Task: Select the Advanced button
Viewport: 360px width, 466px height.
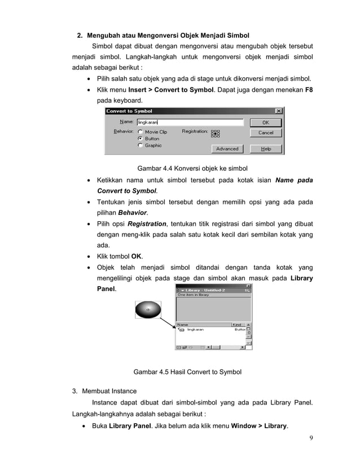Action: click(x=227, y=149)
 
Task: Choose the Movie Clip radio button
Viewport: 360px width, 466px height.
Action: click(x=140, y=132)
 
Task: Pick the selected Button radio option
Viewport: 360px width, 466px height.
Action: click(x=140, y=139)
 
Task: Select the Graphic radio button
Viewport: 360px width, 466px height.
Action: click(x=140, y=146)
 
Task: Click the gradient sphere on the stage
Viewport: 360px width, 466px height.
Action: click(x=148, y=310)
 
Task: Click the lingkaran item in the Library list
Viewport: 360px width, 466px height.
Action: click(x=195, y=329)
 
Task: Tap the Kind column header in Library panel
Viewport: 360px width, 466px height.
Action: click(x=238, y=324)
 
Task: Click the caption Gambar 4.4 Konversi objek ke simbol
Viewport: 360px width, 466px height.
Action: click(x=192, y=168)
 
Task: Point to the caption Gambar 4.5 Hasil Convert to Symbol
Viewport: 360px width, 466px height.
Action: click(x=187, y=372)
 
